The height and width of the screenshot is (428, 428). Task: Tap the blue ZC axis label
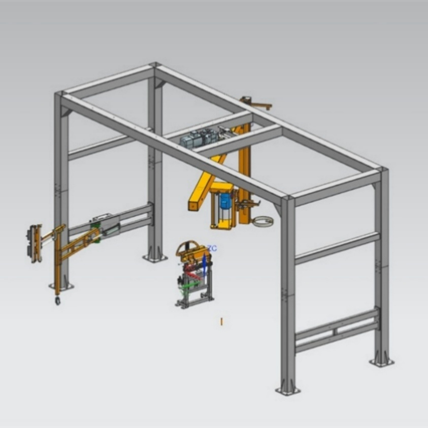click(212, 248)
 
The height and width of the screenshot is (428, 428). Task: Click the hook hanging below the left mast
click(57, 300)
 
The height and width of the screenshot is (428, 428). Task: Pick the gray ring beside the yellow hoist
click(263, 221)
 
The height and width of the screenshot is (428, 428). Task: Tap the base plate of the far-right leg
click(382, 362)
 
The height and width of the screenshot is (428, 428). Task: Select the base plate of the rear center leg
click(155, 258)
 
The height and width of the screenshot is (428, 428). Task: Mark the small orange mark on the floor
click(222, 321)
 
